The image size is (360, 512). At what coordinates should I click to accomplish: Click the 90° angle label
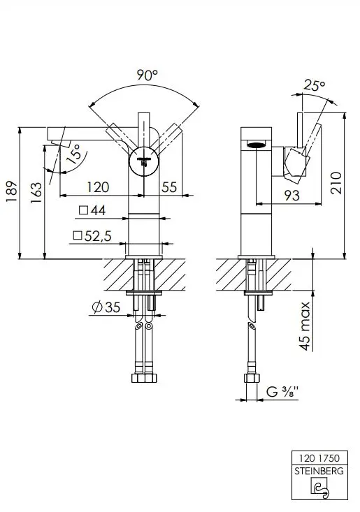tap(147, 75)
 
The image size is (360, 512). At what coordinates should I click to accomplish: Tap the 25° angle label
tap(315, 85)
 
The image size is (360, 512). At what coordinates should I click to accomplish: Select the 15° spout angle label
tap(74, 154)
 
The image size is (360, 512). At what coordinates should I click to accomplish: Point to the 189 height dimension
tap(11, 191)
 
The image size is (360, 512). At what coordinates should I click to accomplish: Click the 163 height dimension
tap(36, 193)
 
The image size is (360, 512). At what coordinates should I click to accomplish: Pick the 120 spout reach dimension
tap(98, 187)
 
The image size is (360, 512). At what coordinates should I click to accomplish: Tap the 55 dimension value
tap(169, 187)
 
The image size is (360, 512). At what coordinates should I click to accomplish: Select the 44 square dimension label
tap(92, 210)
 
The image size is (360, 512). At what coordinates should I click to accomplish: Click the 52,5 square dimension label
tap(92, 235)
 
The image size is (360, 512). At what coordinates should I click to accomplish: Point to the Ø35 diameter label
tap(106, 307)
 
